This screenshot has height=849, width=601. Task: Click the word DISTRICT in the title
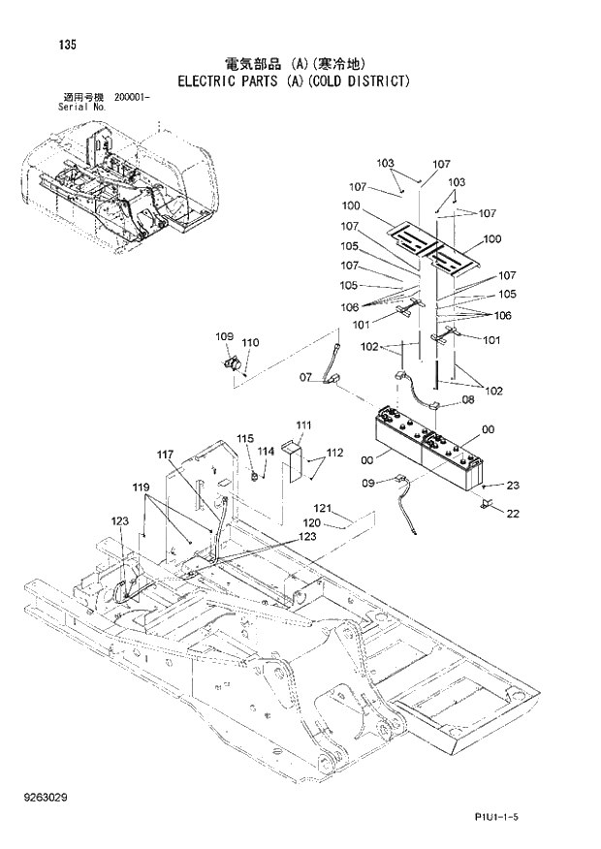point(367,80)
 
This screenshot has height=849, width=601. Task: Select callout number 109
point(224,336)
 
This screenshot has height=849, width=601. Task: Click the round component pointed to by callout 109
point(233,365)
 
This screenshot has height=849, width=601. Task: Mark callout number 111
point(303,425)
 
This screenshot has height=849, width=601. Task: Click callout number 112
point(334,453)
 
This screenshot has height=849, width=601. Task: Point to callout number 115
point(244,438)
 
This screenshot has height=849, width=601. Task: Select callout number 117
point(166,454)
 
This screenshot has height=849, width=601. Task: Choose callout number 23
point(513,486)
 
